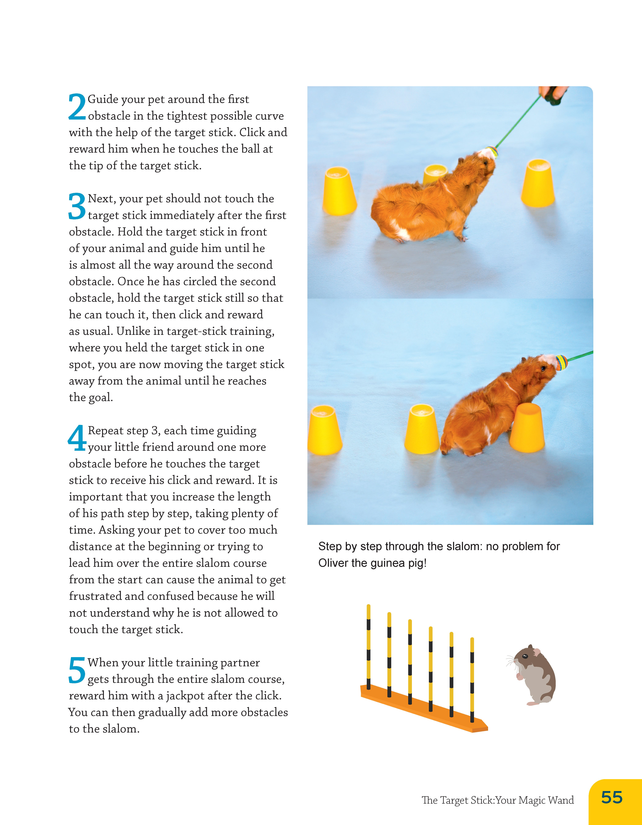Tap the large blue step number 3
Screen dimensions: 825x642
point(77,206)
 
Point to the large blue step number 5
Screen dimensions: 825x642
point(77,670)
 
